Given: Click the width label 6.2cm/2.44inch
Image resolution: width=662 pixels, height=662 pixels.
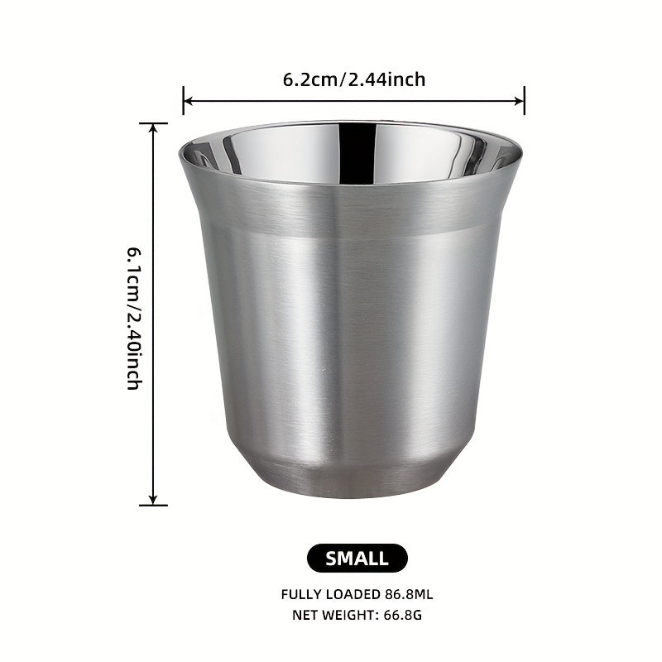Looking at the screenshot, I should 353,79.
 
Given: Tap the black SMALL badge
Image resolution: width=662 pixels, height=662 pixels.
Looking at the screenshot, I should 357,558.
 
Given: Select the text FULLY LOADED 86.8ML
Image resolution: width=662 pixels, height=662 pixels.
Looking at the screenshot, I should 357,593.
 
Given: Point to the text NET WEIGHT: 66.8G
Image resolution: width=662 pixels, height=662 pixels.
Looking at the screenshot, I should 357,615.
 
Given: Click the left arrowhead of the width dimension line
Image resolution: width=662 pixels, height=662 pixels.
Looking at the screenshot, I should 187,101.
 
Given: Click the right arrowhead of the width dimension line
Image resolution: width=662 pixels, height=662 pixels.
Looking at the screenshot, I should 520,101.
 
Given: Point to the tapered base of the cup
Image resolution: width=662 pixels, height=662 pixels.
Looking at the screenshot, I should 350,480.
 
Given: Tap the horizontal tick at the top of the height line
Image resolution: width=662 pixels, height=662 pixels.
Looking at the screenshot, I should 153,123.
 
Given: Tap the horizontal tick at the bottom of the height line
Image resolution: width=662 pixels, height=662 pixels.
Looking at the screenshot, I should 153,505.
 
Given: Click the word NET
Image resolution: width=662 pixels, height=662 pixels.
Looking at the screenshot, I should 305,615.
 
